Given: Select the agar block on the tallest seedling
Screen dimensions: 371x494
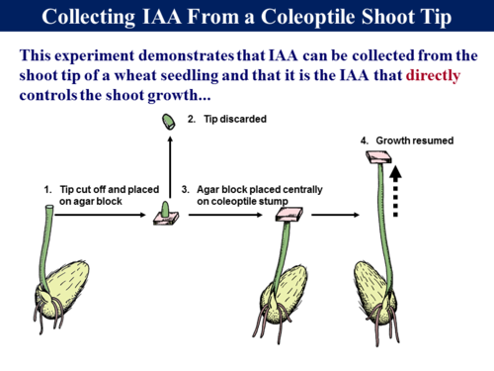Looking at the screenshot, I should tap(380, 156).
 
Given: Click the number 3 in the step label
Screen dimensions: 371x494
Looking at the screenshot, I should tap(185, 188).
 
